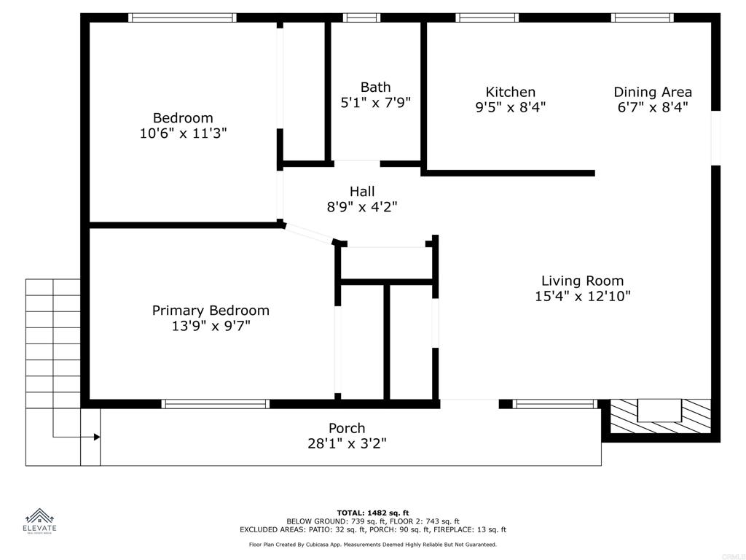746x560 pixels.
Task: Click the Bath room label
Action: coord(375,87)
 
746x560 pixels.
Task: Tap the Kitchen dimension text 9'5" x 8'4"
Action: coord(510,107)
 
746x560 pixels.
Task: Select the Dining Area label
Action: coord(652,92)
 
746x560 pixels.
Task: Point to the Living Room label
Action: coord(582,281)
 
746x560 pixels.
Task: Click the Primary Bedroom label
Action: coord(211,311)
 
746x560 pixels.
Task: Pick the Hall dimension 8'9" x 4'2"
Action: coord(361,207)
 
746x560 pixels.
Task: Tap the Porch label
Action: coord(347,428)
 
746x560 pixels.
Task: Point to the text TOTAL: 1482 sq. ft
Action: coord(372,513)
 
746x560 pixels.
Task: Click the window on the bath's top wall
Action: coord(361,17)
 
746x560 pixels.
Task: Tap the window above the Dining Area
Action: coord(642,17)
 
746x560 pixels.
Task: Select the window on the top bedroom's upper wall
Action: coord(182,17)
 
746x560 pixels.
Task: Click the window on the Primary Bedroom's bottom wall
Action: coord(215,404)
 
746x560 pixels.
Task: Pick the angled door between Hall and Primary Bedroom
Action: coord(308,234)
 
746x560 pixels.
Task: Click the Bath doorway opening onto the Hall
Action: coord(356,163)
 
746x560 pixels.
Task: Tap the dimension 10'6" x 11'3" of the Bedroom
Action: coord(183,133)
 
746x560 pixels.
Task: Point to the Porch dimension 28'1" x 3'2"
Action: coord(347,443)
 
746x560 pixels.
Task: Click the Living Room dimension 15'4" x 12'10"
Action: coord(582,296)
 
